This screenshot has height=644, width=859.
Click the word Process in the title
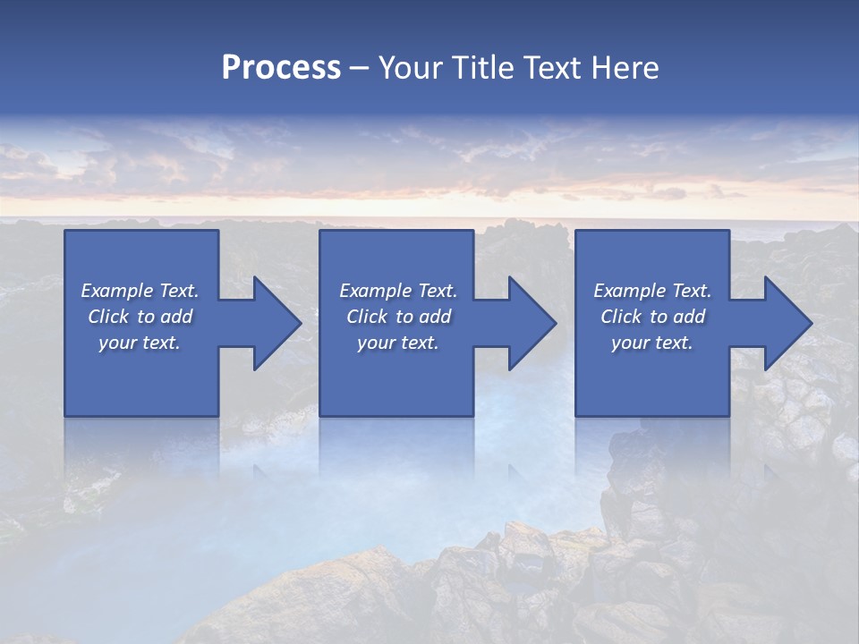pos(280,68)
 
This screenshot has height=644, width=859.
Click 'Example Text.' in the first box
pos(140,291)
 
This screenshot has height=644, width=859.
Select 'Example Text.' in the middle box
pos(398,291)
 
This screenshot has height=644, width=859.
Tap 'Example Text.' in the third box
pos(652,291)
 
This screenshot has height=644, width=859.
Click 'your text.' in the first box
pos(140,343)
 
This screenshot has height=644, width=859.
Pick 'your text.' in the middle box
pos(398,343)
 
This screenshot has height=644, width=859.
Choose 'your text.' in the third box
pos(652,343)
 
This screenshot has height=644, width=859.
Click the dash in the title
pos(359,69)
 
